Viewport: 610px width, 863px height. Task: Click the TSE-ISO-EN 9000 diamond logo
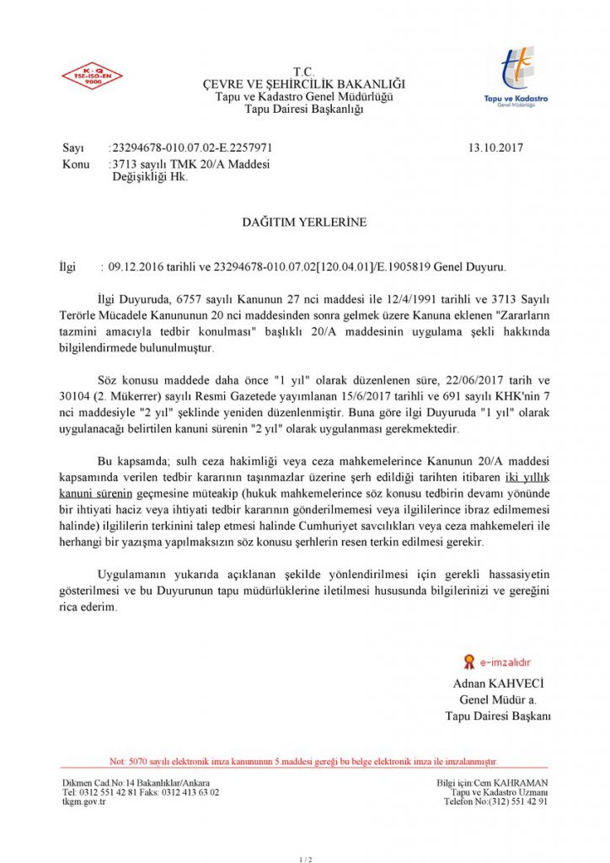pos(91,76)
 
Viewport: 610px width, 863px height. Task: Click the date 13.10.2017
pos(495,148)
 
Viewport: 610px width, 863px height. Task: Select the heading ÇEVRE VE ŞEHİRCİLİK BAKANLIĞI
pos(303,83)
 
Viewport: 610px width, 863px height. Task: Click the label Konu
pos(76,164)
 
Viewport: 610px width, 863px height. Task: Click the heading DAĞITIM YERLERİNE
pos(304,222)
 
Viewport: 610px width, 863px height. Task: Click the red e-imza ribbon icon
pos(468,662)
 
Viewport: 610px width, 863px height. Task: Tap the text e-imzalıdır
pos(506,662)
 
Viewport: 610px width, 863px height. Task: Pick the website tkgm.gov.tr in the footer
pos(84,802)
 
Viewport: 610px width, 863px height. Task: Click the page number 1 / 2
pos(305,859)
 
